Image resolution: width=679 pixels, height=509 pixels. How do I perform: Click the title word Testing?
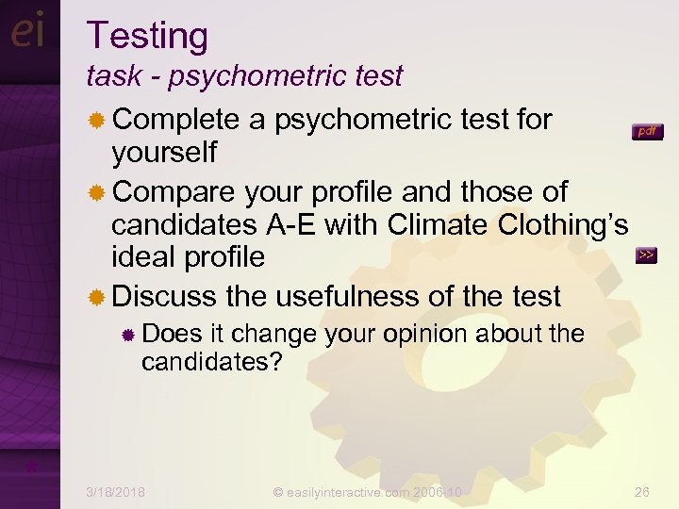[147, 37]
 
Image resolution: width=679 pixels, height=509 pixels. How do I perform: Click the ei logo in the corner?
[28, 32]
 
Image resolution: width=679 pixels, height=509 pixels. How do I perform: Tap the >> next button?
[646, 255]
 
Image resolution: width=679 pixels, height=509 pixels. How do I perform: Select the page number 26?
[642, 491]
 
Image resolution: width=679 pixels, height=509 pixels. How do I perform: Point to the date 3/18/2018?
[115, 491]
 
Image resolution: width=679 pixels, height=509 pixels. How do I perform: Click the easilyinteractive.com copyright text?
[368, 491]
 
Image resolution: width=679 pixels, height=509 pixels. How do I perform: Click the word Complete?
[176, 120]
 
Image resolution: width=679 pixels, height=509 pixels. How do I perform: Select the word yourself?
[164, 151]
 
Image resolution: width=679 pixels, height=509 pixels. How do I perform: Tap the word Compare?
[176, 191]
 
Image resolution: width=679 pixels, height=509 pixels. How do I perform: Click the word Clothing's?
[563, 224]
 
